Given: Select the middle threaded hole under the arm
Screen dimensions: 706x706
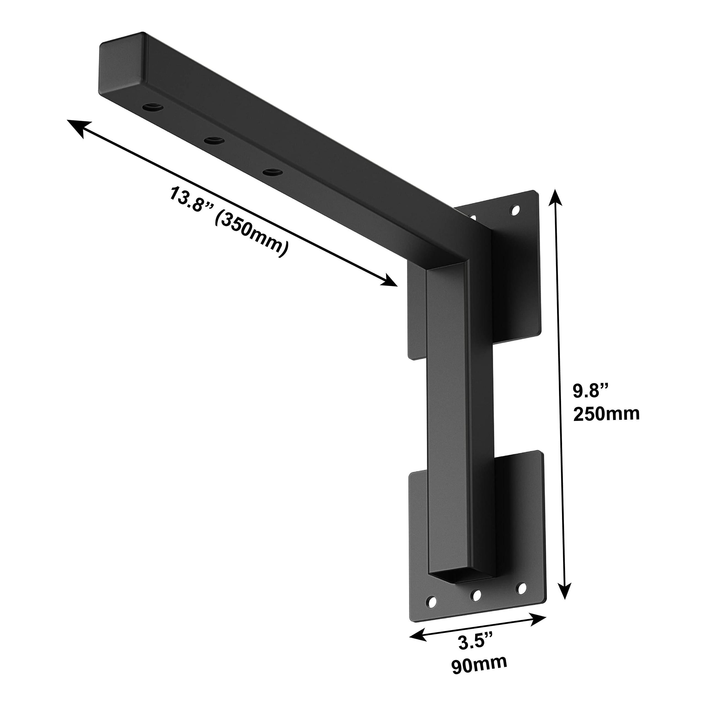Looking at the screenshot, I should point(214,140).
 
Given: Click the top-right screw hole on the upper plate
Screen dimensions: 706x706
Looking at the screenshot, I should point(515,210).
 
